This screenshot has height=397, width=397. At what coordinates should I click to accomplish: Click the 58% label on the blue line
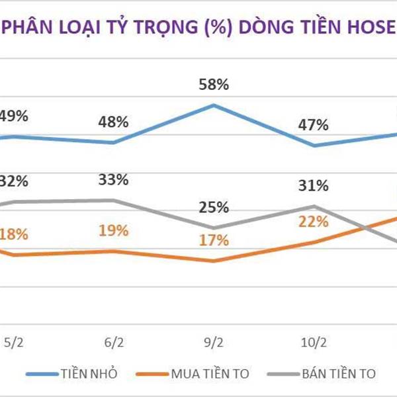(214, 85)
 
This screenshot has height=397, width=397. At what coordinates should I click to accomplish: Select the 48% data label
(114, 123)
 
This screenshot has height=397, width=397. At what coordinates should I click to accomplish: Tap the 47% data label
(313, 124)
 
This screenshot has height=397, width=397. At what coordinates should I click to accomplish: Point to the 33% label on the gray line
(114, 180)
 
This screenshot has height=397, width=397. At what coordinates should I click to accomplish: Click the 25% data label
(214, 208)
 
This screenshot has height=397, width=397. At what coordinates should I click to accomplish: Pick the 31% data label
(313, 186)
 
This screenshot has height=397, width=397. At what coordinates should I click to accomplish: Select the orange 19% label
(114, 232)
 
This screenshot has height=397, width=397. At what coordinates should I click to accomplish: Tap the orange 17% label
(214, 240)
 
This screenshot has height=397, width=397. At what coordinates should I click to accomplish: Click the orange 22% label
(313, 222)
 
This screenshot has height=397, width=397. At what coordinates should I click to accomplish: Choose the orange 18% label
(15, 234)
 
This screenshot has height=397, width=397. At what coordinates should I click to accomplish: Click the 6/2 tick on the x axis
(114, 343)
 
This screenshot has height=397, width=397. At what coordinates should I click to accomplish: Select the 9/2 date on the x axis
(214, 343)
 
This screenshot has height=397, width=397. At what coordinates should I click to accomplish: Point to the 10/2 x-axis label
(313, 343)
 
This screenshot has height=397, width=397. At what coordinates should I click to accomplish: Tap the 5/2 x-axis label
(15, 343)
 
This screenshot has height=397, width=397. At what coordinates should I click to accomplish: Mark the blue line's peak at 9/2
(214, 105)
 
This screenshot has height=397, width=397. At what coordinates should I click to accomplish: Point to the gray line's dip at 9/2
(214, 228)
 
